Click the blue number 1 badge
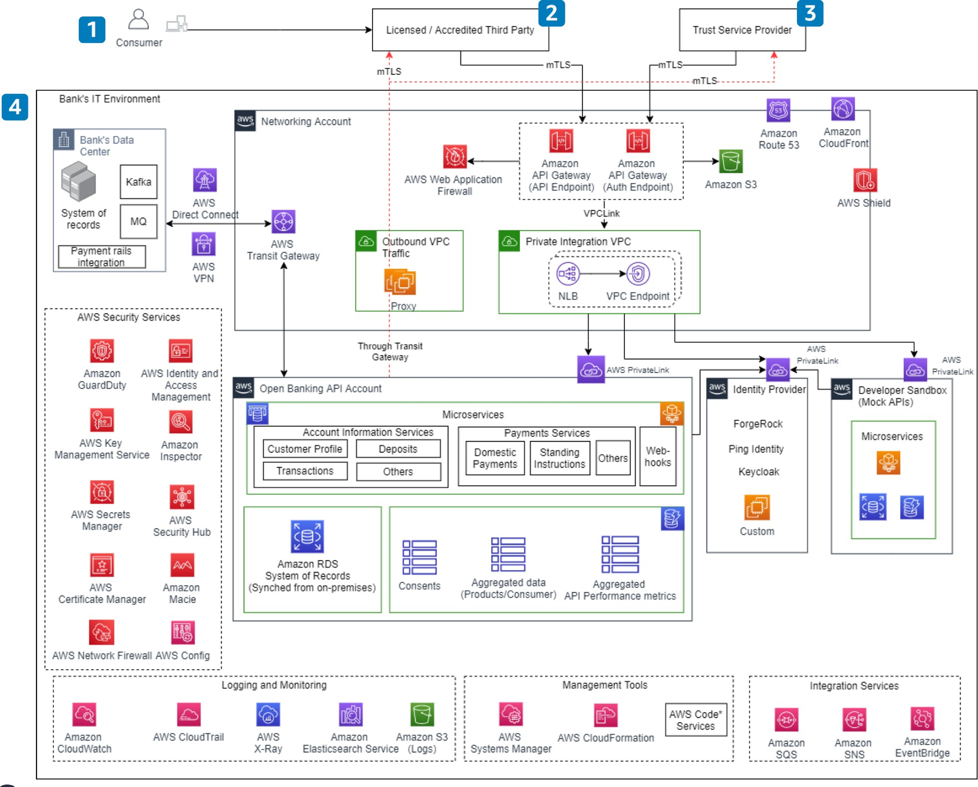(92, 29)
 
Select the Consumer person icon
(139, 19)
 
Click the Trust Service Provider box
(742, 30)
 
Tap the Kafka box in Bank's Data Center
(139, 182)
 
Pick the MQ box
(139, 222)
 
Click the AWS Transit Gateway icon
(283, 222)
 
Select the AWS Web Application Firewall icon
(455, 157)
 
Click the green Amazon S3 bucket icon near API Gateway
(730, 161)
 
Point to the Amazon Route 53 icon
(778, 111)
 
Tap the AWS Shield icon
(865, 180)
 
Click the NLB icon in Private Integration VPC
(568, 274)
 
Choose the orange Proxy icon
(400, 282)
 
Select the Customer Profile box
(305, 449)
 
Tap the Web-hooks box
(657, 457)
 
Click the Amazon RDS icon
(307, 536)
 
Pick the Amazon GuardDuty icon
(102, 351)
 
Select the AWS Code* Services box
(696, 720)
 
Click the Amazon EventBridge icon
(922, 719)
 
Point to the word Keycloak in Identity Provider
(759, 472)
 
